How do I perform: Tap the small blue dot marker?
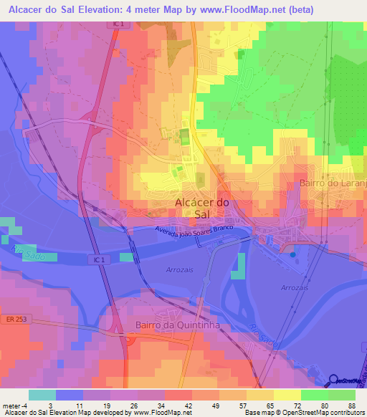pyautogui.click(x=293, y=252)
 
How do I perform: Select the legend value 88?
pyautogui.click(x=351, y=405)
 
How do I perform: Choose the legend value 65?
pyautogui.click(x=269, y=405)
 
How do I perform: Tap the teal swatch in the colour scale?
pyautogui.click(x=42, y=395)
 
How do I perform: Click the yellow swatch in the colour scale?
pyautogui.click(x=287, y=395)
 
